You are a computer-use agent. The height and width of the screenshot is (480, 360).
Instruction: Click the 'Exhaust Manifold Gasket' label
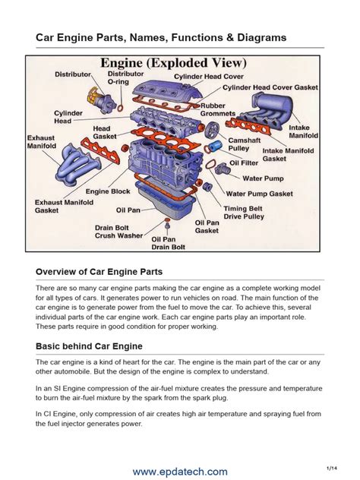coord(64,207)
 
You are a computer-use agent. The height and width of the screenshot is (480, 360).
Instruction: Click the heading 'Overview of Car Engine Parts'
coord(99,271)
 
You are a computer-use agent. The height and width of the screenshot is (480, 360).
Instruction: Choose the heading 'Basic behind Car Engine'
coord(90,346)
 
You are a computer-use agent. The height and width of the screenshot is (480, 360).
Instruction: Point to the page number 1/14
coord(331,467)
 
